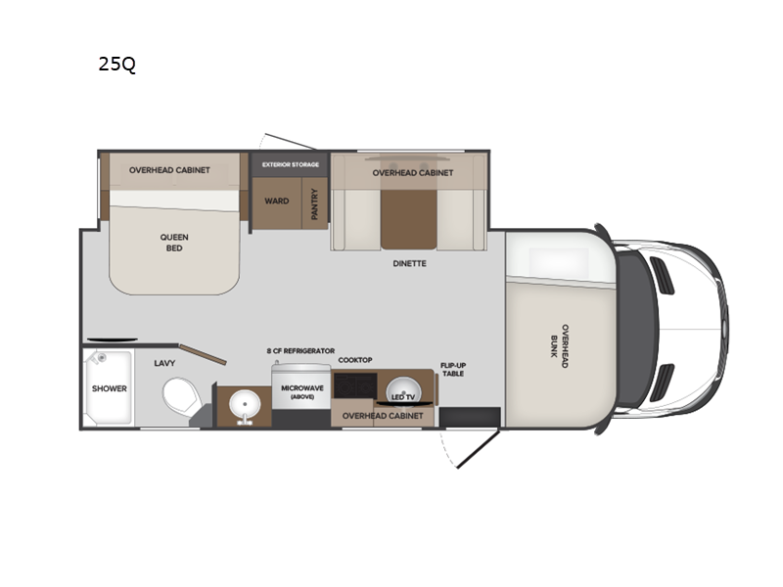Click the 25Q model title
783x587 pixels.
tap(116, 64)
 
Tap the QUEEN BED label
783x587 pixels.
tap(174, 243)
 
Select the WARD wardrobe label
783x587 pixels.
tap(277, 202)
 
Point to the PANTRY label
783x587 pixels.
tap(314, 203)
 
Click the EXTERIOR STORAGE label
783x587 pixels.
tap(290, 164)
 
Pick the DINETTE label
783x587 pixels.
tap(409, 263)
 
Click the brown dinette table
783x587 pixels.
tap(408, 218)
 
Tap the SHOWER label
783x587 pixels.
tap(110, 388)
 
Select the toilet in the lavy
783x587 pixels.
tap(182, 395)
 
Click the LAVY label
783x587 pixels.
tap(164, 363)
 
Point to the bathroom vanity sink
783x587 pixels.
tap(244, 405)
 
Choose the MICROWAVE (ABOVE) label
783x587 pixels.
tap(302, 392)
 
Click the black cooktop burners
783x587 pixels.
tap(355, 385)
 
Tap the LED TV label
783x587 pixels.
tap(403, 397)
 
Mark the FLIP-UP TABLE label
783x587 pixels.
tap(453, 370)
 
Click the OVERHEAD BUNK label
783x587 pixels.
tap(559, 346)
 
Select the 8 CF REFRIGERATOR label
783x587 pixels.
tap(300, 351)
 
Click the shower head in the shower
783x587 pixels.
tap(102, 357)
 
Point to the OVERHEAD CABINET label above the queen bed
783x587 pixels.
tap(169, 170)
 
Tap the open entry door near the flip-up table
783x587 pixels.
tap(478, 450)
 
